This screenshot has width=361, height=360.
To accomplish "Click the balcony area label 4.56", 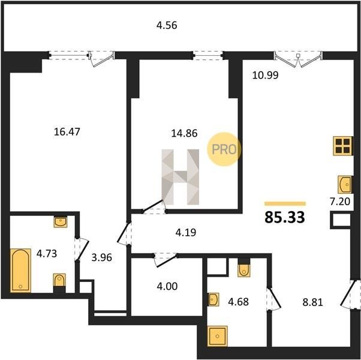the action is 167,25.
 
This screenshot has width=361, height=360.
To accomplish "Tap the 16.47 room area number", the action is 67,132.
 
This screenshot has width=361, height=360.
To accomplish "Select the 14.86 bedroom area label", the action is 184,133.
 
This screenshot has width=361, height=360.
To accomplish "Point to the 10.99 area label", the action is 266,75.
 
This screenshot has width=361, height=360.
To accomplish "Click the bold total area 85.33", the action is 285,217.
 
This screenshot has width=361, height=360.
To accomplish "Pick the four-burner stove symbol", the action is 343,146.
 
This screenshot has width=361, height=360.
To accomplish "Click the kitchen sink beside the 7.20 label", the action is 345,184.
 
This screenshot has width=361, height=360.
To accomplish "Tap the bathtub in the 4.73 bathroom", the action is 20,271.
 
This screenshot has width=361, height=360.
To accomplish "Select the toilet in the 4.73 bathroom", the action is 59,283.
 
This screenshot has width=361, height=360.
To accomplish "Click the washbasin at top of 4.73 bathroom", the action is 61,222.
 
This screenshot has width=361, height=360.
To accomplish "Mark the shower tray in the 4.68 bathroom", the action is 217,336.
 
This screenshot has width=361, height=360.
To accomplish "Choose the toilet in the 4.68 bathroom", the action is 244,268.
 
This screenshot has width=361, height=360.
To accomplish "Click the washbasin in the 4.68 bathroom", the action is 213,299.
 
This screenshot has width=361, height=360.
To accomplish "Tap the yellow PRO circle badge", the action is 224,149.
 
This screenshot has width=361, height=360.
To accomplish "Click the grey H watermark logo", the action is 180,177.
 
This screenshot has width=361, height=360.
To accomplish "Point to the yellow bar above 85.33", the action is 285,203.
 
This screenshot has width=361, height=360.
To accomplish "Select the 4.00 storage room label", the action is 167,286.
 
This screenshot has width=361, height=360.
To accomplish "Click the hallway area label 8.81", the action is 312,302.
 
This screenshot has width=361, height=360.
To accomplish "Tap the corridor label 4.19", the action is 186,233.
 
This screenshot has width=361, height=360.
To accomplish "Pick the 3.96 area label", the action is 101,257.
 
